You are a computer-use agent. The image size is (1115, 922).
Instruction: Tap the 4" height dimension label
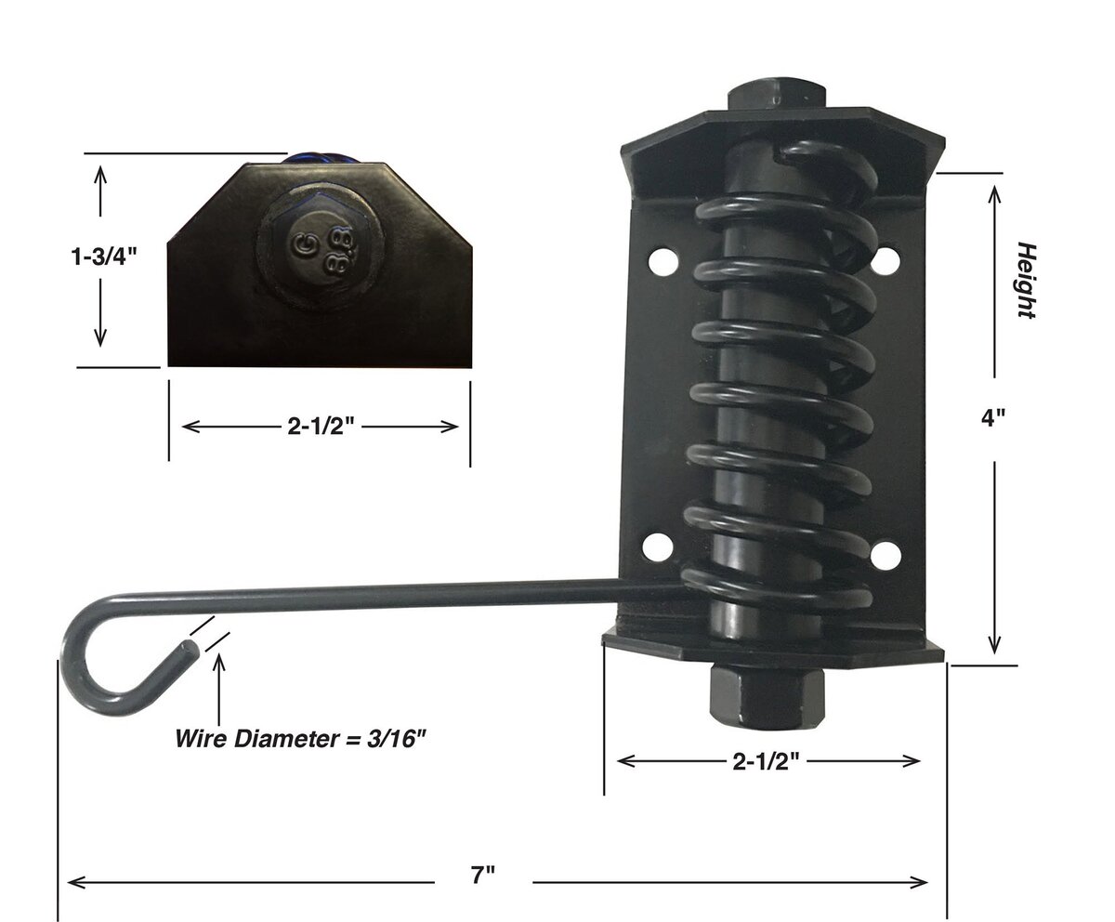point(992,417)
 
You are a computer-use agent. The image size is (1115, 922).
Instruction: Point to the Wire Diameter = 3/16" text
point(301,739)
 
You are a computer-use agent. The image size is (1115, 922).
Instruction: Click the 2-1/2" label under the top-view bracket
point(321,427)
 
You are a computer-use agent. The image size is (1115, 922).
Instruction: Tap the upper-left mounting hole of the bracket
point(663,260)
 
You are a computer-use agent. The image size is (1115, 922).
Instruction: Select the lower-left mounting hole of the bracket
point(657,547)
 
